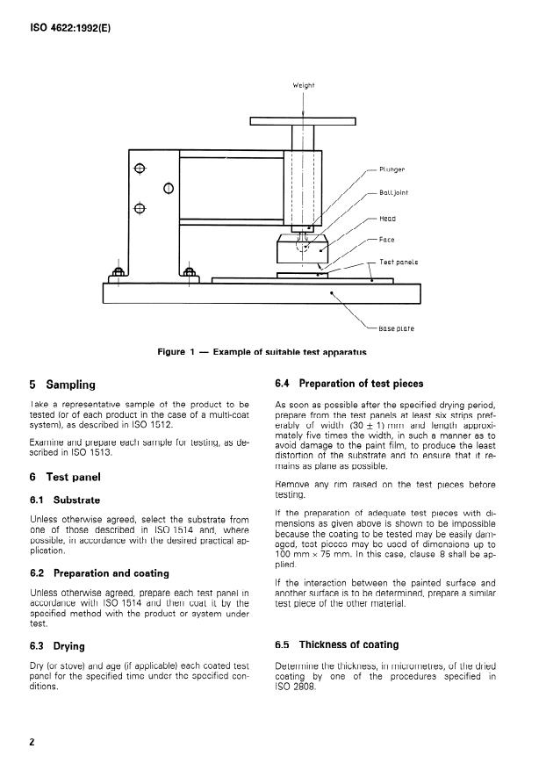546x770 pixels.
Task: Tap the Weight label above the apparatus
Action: (x=303, y=85)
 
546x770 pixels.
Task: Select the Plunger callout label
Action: (x=392, y=169)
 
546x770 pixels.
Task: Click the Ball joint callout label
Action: (x=393, y=192)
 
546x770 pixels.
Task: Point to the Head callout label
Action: (x=387, y=218)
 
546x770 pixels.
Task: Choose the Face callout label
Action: (x=387, y=239)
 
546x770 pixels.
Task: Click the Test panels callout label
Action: (x=399, y=262)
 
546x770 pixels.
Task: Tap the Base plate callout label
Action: (x=396, y=328)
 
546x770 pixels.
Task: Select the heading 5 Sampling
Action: (x=63, y=384)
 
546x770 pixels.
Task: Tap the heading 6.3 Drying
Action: (x=57, y=646)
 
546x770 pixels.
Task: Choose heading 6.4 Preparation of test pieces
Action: (x=348, y=383)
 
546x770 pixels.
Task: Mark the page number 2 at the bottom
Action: (x=32, y=742)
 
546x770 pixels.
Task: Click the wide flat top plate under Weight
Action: (x=304, y=121)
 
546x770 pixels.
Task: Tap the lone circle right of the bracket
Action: (x=168, y=188)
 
